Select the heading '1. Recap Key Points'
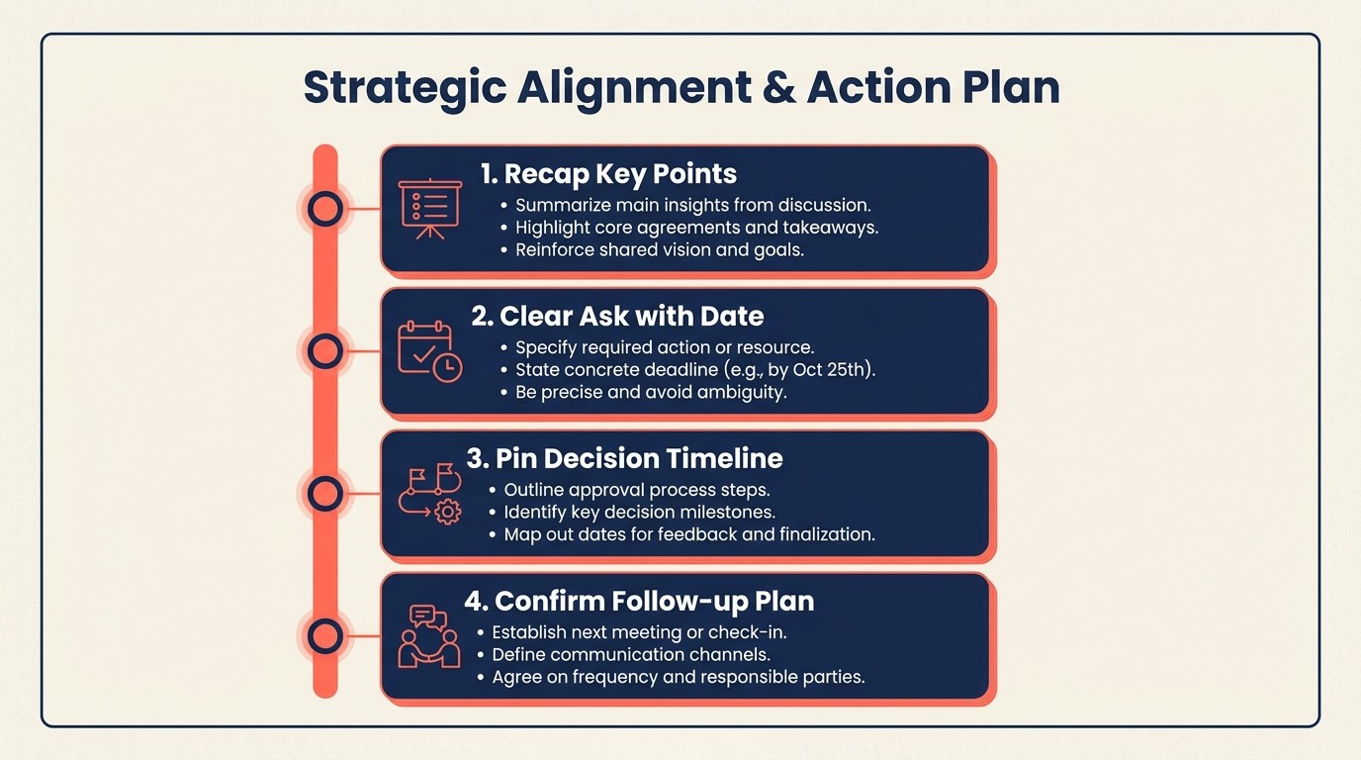coord(608,174)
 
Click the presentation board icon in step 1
coord(429,208)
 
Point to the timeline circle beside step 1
coord(325,209)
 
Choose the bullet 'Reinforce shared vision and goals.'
coord(660,250)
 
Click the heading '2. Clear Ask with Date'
coord(617,317)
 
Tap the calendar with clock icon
coord(429,350)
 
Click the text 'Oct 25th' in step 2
coord(834,370)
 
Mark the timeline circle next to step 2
coord(325,350)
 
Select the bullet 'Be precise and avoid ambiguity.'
coord(650,392)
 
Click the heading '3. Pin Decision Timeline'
coord(624,459)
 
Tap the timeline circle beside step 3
coord(325,493)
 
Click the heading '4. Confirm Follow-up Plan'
coord(639,602)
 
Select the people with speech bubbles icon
coord(429,635)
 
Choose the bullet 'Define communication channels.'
coord(631,655)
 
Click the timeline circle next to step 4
coord(325,635)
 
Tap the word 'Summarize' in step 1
coord(561,206)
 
